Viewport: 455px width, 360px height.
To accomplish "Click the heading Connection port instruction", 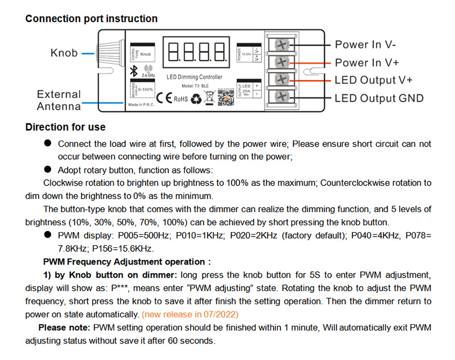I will pos(92,19).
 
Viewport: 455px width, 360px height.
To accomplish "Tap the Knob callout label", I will pos(64,53).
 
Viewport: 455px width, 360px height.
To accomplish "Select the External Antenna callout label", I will pos(59,100).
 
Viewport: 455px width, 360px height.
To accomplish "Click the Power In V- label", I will pos(365,44).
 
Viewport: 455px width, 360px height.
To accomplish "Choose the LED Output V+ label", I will pos(373,80).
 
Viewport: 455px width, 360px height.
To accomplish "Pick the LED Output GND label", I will pos(379,98).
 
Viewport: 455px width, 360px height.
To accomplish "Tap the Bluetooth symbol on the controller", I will pos(135,70).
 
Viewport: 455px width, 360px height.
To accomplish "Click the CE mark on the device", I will pos(163,98).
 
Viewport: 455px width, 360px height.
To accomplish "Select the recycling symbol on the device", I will pos(195,99).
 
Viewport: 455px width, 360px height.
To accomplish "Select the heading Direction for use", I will pos(65,127).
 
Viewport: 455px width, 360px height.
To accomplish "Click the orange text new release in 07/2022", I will pos(190,314).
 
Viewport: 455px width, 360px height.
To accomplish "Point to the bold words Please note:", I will pos(64,328).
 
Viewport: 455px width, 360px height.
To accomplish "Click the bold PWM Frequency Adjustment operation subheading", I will pos(127,262).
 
